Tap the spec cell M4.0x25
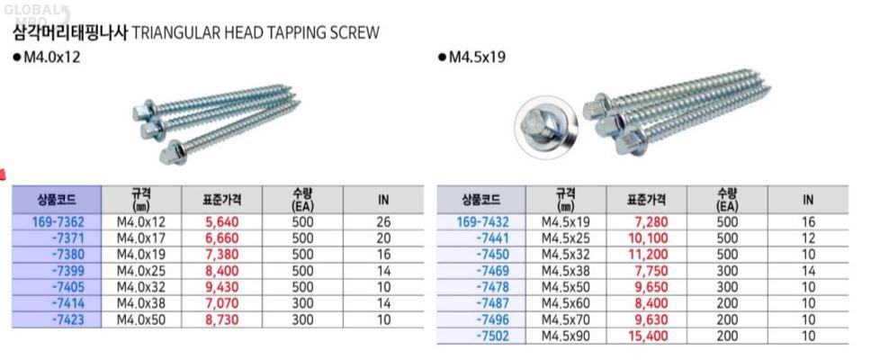click(141, 271)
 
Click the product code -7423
click(67, 320)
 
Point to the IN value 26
click(383, 221)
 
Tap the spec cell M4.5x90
click(566, 337)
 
